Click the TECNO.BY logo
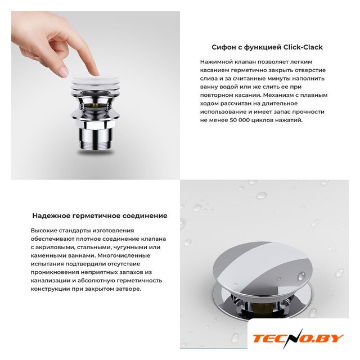pos(298,339)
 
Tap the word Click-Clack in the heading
pos(303,47)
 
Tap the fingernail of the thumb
pos(63,72)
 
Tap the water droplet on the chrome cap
pos(301,276)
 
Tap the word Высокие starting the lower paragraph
pos(44,231)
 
